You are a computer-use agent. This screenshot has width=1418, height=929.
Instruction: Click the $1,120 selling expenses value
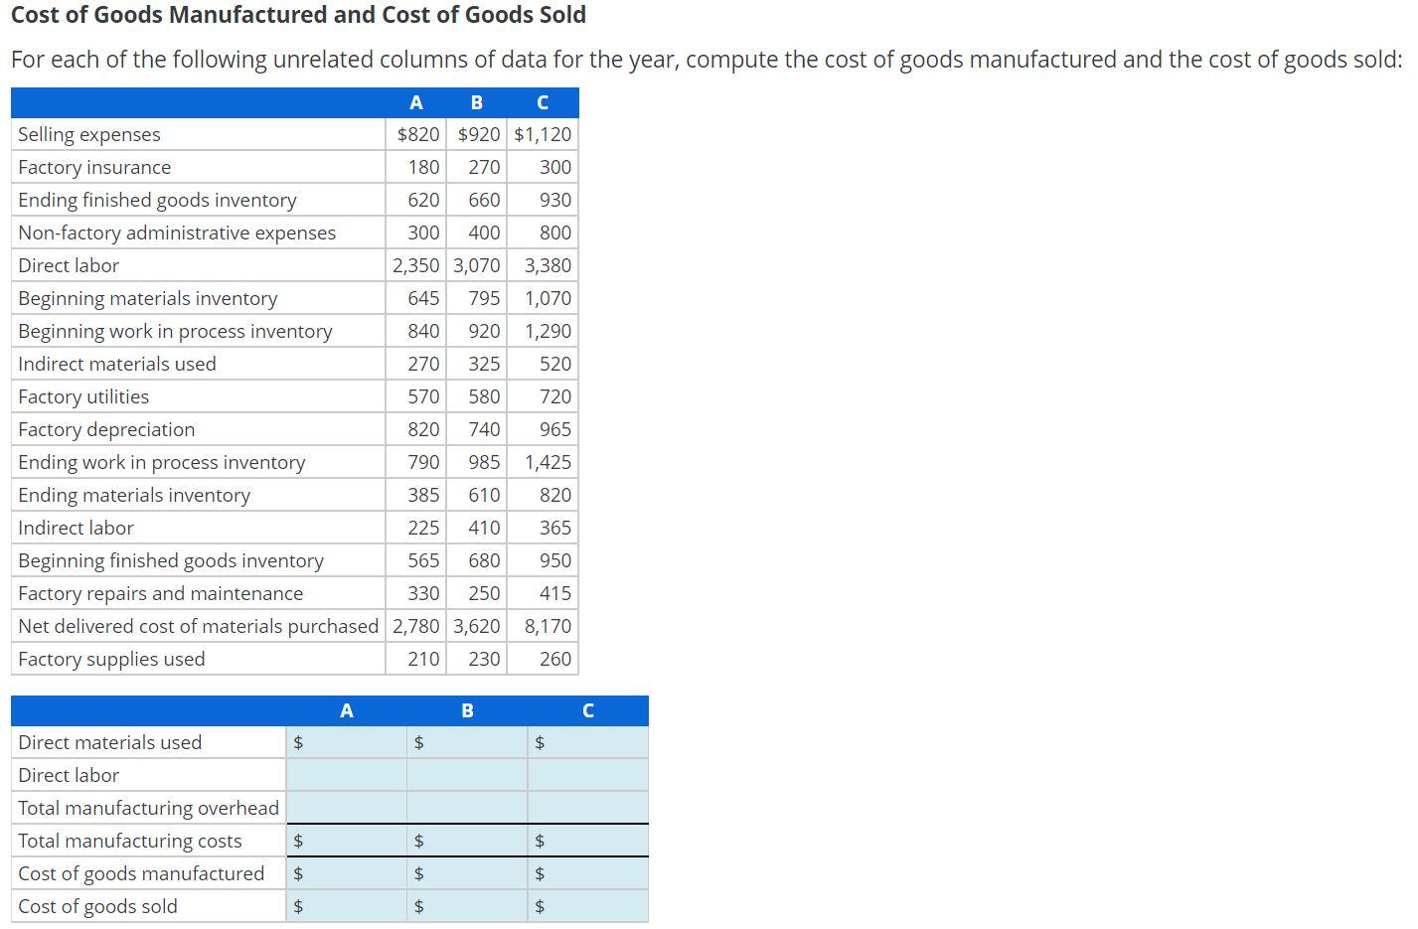[x=543, y=134]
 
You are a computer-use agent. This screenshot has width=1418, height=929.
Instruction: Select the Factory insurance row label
[x=94, y=167]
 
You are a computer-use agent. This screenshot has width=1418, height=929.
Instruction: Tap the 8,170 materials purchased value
[x=548, y=626]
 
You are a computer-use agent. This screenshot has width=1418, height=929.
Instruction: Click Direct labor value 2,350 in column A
[x=416, y=265]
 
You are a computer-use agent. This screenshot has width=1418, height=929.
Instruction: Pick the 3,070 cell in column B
[x=477, y=265]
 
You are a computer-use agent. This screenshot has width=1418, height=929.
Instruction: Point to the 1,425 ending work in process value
[x=548, y=462]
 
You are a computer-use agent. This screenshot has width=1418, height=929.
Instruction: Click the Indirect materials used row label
[x=117, y=364]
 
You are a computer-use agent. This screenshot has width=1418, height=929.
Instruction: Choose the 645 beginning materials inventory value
[x=423, y=298]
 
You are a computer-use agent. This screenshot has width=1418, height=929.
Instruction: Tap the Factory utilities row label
[x=83, y=396]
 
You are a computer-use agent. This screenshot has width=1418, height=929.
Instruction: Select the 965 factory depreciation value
[x=554, y=429]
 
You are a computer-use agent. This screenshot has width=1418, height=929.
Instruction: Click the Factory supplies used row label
[x=111, y=659]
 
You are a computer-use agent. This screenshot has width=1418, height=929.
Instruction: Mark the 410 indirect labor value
[x=484, y=528]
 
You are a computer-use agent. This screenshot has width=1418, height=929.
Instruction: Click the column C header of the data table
[x=543, y=102]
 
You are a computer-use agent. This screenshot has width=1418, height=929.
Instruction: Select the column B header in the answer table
[x=467, y=710]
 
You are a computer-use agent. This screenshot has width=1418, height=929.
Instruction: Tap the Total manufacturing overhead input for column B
[x=467, y=808]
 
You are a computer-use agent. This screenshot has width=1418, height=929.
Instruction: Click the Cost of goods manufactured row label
[x=141, y=873]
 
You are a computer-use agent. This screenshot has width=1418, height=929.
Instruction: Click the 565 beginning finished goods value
[x=423, y=560]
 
